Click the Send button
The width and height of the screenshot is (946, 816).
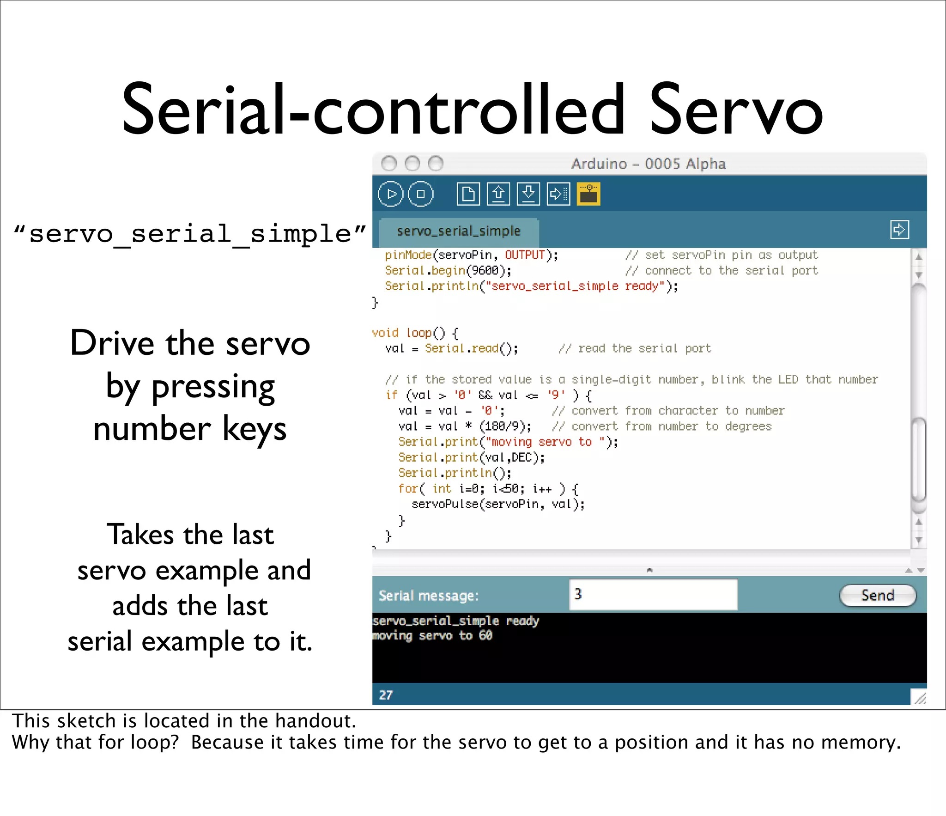click(877, 595)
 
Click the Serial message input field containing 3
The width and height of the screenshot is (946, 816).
click(653, 595)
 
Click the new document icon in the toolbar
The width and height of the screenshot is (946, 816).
click(468, 194)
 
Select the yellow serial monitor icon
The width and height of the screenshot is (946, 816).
click(588, 194)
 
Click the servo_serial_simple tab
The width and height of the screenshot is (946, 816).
click(458, 231)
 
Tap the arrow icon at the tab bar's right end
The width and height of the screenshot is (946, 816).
click(899, 230)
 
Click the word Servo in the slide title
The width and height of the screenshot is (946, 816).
click(736, 111)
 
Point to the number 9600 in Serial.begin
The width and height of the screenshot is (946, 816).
click(485, 270)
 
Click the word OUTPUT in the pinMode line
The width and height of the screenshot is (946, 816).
click(525, 255)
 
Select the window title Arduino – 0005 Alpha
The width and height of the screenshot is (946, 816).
click(648, 164)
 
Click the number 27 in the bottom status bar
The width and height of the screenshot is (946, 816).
click(386, 695)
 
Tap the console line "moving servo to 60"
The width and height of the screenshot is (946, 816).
click(432, 636)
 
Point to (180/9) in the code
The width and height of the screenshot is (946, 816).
click(505, 426)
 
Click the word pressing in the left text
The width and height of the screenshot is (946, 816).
click(213, 387)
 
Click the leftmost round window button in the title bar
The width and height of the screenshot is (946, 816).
click(389, 163)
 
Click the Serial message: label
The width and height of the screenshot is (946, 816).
click(428, 596)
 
